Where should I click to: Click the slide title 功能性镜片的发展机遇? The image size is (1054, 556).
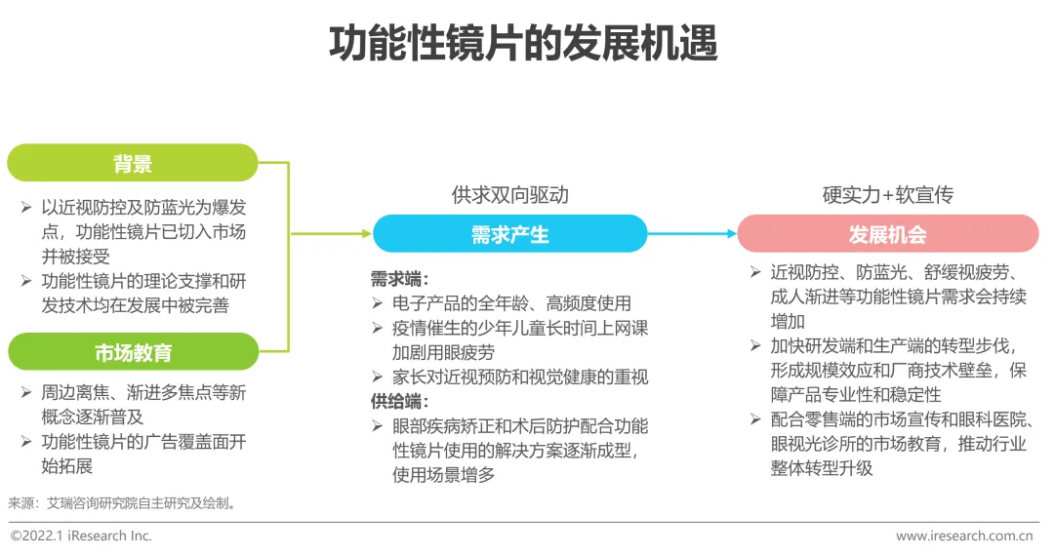(523, 43)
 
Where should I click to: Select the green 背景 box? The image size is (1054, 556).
(133, 163)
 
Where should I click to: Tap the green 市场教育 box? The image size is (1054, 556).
(133, 351)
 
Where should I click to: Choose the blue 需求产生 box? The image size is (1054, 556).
(509, 234)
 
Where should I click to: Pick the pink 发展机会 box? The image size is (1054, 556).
(887, 234)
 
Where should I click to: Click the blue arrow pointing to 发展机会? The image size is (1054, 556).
(692, 234)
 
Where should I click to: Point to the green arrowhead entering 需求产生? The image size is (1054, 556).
(367, 234)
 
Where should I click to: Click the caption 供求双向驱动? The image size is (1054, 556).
(510, 195)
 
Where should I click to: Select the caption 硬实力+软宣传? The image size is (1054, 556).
(888, 195)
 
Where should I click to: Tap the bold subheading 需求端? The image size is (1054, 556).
(399, 279)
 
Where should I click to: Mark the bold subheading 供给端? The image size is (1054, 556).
(399, 402)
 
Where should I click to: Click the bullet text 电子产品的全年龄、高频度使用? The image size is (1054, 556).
(511, 303)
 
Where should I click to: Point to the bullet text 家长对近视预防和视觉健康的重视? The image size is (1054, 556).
(520, 377)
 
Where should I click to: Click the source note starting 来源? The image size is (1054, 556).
(122, 503)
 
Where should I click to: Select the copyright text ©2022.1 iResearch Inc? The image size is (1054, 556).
(81, 536)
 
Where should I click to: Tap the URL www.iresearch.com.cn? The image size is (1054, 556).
(964, 536)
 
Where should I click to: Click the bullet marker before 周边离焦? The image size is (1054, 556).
(26, 392)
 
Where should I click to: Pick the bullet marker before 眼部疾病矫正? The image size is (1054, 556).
(377, 426)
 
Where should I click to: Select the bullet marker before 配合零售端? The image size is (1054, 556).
(755, 419)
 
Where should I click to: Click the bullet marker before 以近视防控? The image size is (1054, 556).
(26, 208)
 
